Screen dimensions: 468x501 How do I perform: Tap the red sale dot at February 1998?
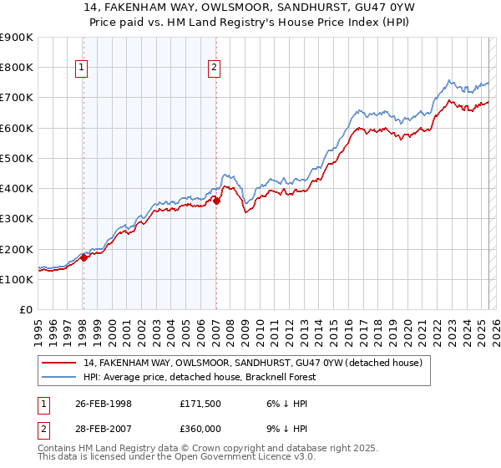(84, 257)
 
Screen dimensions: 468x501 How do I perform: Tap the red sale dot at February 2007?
(216, 201)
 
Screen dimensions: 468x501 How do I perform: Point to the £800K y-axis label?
(17, 67)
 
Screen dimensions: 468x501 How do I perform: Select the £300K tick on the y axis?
(17, 218)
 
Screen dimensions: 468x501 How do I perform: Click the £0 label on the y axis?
(25, 309)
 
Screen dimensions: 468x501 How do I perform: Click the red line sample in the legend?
(59, 363)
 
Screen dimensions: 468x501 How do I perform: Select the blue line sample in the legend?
(59, 377)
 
